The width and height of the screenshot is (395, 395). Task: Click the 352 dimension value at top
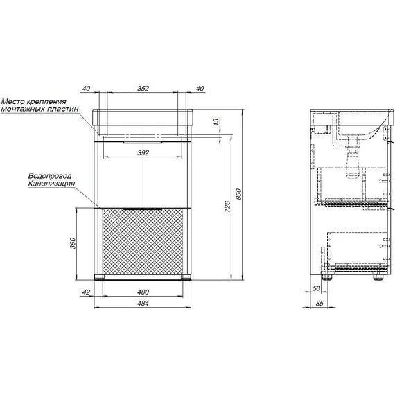[x=143, y=89]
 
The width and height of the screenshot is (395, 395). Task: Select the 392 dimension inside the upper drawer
[x=143, y=152]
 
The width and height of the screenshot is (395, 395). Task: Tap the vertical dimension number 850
[x=238, y=194]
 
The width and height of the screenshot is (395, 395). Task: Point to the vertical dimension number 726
[x=227, y=207]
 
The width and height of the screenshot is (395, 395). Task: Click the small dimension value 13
[x=216, y=122]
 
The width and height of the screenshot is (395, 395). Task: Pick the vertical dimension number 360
[x=73, y=243]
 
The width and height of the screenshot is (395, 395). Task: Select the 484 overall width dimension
[x=143, y=304]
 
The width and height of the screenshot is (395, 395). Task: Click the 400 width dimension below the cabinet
[x=143, y=292]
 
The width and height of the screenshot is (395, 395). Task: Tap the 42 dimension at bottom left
[x=86, y=292]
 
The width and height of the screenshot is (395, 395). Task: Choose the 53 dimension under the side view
[x=316, y=288]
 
